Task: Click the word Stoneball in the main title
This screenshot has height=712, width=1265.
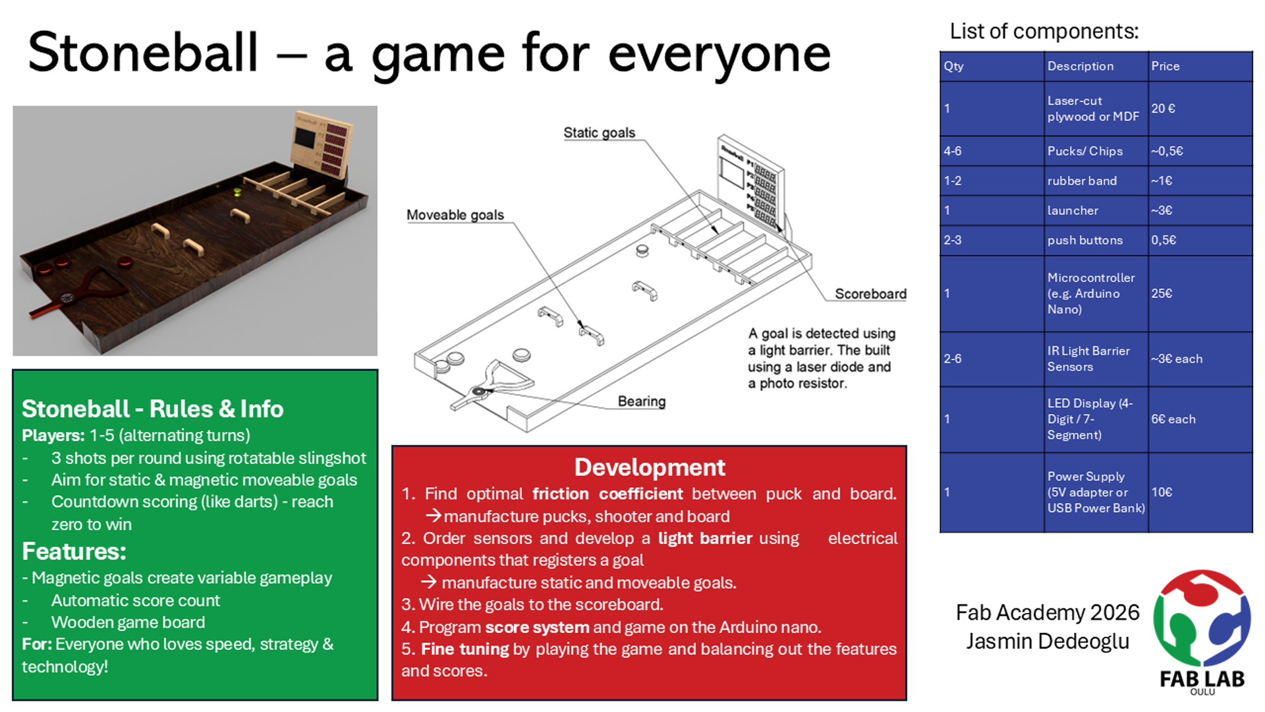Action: [143, 53]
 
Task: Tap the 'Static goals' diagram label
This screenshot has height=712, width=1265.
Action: [599, 133]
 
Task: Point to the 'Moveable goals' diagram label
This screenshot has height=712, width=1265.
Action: [455, 215]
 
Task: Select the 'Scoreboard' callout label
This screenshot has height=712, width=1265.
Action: [870, 294]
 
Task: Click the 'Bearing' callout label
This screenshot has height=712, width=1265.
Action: [641, 401]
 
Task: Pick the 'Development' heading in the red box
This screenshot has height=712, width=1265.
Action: [650, 467]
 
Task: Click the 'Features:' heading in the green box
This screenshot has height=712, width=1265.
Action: [74, 551]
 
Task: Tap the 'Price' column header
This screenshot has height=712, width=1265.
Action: [1165, 66]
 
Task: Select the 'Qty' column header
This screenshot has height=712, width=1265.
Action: [953, 66]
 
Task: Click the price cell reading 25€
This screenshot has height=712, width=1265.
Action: [1162, 293]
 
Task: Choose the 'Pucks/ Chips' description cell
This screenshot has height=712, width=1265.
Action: [1085, 151]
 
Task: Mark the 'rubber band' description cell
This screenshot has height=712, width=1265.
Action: [1082, 181]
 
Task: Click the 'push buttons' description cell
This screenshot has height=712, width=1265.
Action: [1085, 240]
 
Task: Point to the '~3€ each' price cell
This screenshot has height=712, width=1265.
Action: [1177, 359]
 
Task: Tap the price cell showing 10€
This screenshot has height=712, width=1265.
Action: [1162, 492]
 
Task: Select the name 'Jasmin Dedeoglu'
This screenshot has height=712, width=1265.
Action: [1048, 641]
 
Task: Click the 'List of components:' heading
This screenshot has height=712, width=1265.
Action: [1044, 31]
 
